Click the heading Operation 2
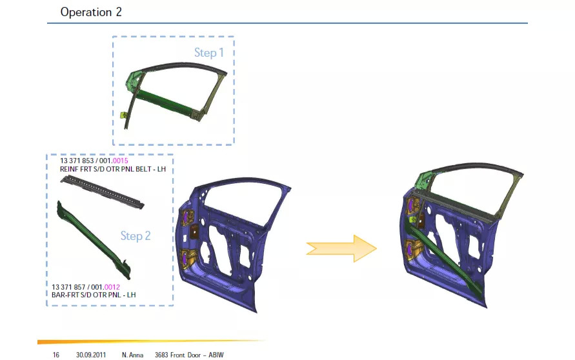click(x=91, y=12)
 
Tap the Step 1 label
click(x=209, y=52)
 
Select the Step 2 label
click(x=136, y=236)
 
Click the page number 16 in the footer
click(x=56, y=355)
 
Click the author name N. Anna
click(x=132, y=355)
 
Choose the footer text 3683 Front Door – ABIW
click(x=188, y=355)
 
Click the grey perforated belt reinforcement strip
click(x=103, y=192)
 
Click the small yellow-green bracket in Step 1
click(x=123, y=115)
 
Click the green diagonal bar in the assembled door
click(x=445, y=255)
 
